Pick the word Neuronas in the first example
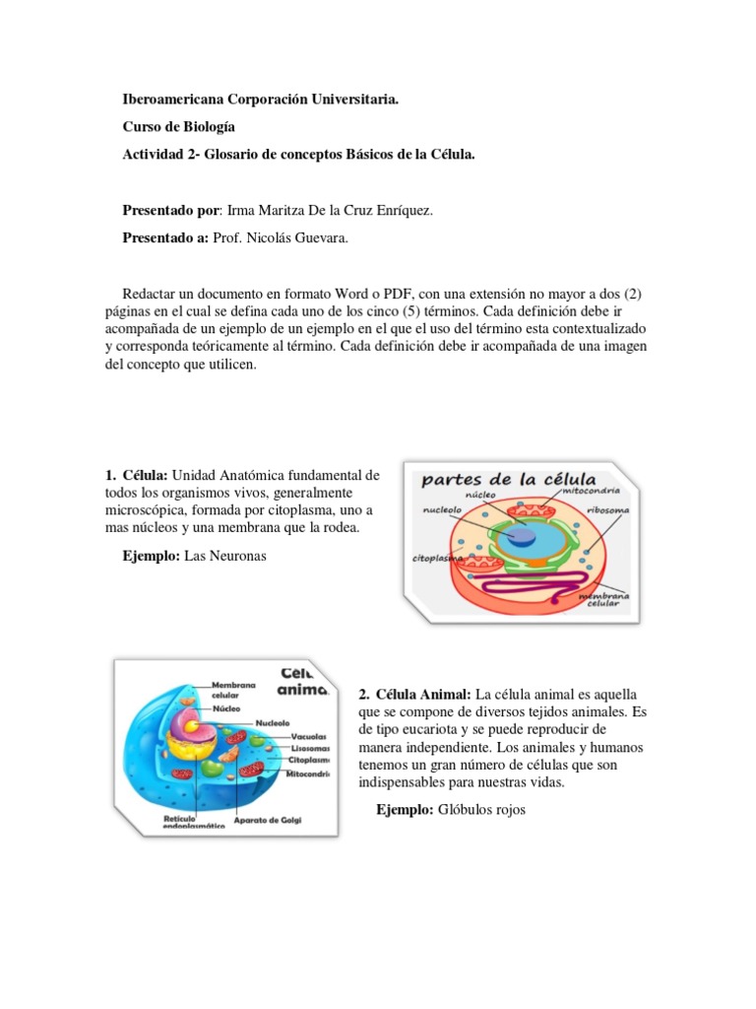[238, 557]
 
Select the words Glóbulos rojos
[483, 810]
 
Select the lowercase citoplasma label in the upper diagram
[437, 559]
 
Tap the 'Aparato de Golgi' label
[268, 820]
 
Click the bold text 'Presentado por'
[171, 210]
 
